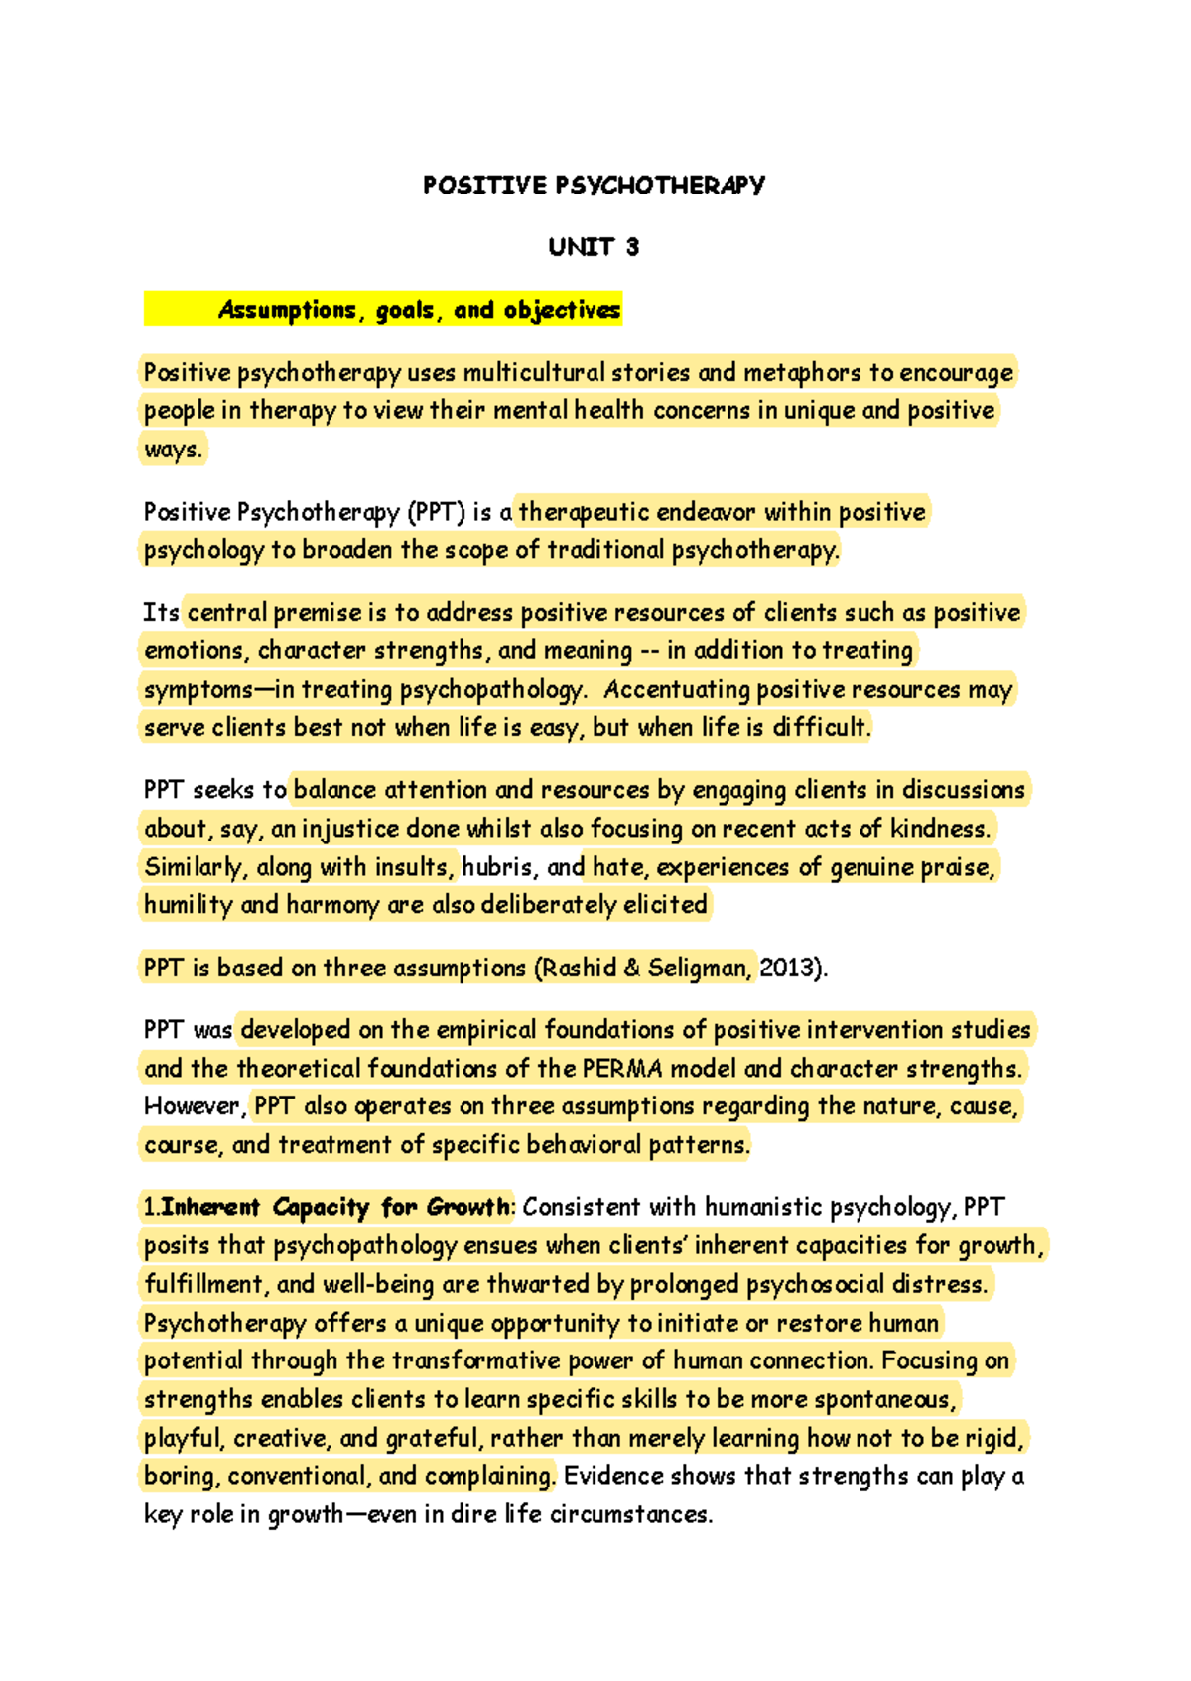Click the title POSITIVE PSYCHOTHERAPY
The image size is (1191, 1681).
click(x=594, y=186)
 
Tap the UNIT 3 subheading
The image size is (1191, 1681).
click(x=594, y=247)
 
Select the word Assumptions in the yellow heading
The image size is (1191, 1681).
click(x=287, y=311)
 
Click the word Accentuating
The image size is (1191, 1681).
click(x=676, y=690)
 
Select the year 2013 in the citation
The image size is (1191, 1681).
click(x=786, y=969)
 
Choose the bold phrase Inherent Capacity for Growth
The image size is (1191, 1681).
click(x=334, y=1208)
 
